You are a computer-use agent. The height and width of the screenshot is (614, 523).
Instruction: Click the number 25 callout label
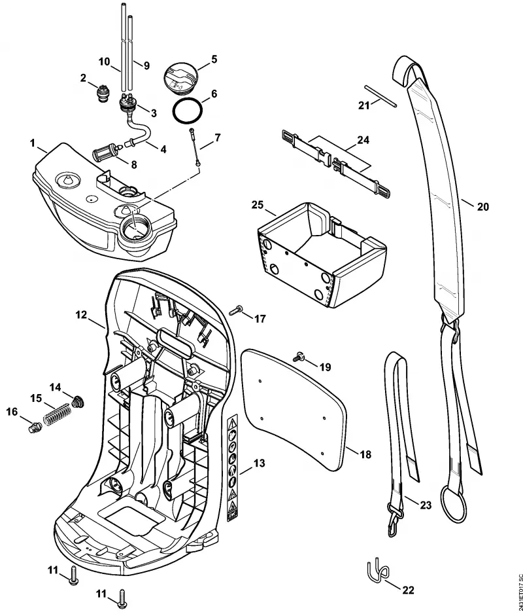(258, 205)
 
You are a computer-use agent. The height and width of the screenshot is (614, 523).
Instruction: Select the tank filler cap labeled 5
(180, 78)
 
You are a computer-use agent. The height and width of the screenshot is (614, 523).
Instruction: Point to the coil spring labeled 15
(57, 414)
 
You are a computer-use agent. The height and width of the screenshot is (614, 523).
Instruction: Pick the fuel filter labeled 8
(106, 151)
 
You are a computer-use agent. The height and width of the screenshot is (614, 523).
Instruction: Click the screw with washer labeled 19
(299, 357)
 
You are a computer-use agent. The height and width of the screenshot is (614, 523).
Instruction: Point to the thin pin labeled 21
(380, 96)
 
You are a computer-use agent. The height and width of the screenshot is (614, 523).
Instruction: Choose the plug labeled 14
(78, 402)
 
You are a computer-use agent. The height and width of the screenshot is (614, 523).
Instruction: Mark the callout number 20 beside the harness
(482, 206)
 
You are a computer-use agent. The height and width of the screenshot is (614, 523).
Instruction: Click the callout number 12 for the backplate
(81, 314)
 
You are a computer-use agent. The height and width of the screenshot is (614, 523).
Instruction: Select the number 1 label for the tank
(33, 143)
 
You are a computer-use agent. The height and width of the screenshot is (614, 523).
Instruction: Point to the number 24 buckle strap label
(363, 140)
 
